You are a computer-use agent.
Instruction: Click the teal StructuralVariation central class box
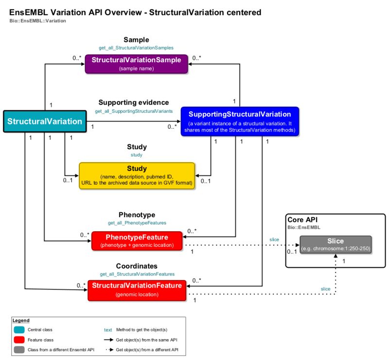click(x=45, y=121)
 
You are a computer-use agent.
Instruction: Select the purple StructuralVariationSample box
click(x=136, y=64)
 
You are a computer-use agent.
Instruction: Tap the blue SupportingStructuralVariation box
click(x=240, y=121)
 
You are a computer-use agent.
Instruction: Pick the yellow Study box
click(x=137, y=175)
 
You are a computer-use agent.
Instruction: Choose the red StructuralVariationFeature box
click(x=137, y=290)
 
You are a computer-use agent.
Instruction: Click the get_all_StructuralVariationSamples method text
click(x=136, y=48)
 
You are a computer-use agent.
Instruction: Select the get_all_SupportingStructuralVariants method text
click(x=133, y=111)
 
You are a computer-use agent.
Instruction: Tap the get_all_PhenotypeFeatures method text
click(x=137, y=223)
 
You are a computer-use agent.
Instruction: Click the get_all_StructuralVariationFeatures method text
click(x=137, y=274)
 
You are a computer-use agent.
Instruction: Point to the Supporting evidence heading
click(x=134, y=103)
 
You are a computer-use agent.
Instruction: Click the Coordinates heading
click(x=137, y=266)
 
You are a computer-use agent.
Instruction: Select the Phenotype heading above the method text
click(x=137, y=214)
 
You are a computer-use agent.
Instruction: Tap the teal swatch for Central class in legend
click(x=19, y=330)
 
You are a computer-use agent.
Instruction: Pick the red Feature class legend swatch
click(x=19, y=340)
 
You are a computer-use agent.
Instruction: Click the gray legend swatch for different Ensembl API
click(x=19, y=350)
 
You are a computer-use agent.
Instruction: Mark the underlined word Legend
click(x=21, y=321)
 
